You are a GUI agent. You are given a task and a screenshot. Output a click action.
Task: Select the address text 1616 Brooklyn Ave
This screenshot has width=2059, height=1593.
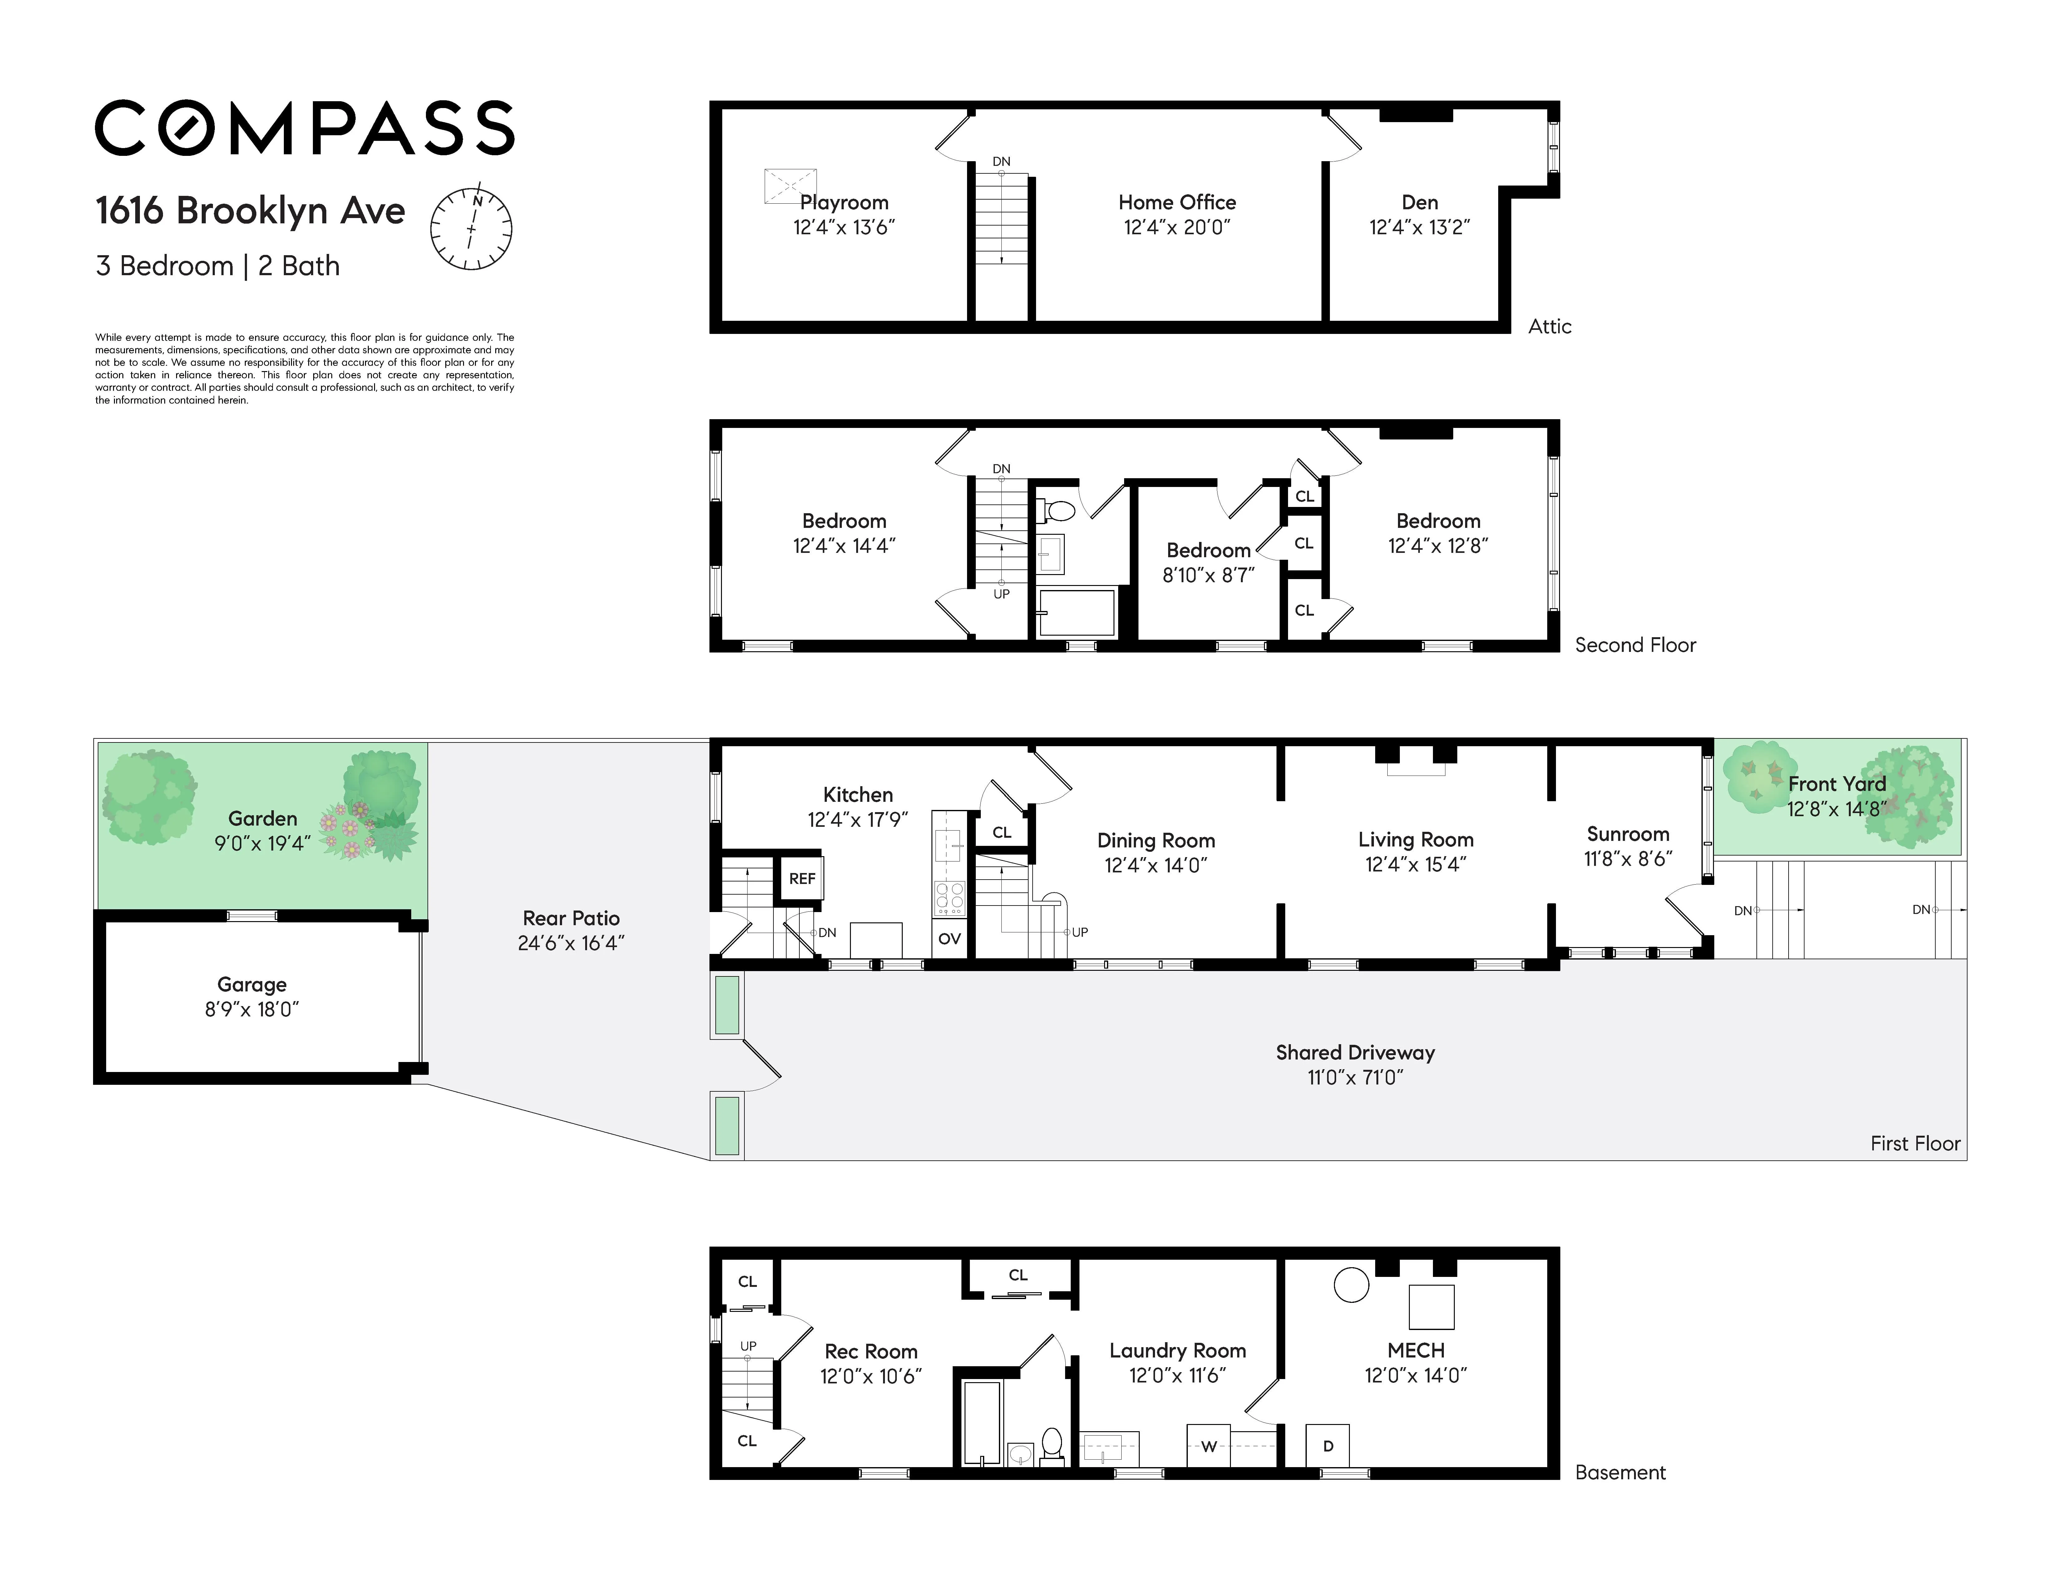(250, 210)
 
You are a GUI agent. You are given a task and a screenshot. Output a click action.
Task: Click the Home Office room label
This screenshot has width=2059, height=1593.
(1177, 202)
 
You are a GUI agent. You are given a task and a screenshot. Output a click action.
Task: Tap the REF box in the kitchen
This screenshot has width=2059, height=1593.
(801, 878)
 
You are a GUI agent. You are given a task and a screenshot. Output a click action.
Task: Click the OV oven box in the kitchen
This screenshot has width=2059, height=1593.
(949, 938)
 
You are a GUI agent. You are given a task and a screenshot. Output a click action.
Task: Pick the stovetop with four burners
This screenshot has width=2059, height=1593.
(949, 898)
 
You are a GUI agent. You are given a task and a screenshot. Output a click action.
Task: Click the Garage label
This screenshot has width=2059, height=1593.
(252, 985)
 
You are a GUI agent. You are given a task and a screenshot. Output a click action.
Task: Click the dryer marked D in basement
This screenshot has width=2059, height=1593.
(1327, 1446)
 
